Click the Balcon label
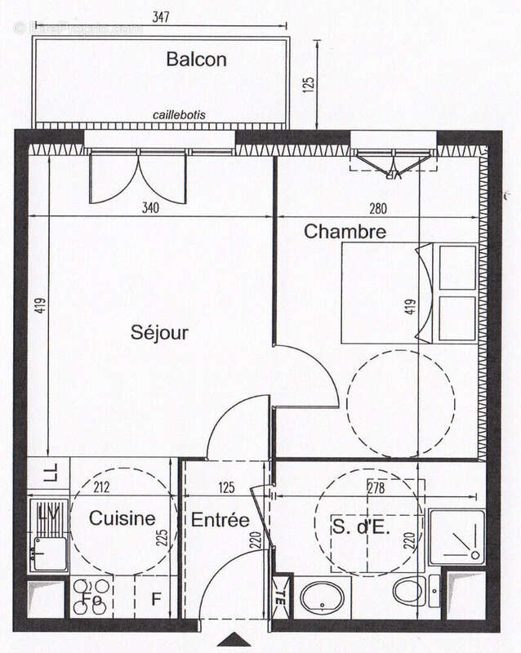click(196, 60)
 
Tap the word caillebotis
click(179, 115)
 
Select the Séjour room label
click(159, 333)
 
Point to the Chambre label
click(345, 232)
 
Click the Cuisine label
click(122, 518)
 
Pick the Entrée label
click(220, 520)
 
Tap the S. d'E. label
click(361, 526)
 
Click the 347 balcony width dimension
click(161, 17)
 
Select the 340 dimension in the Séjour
click(149, 208)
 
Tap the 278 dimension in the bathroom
click(375, 489)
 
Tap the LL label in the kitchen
click(50, 473)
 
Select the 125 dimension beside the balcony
click(308, 86)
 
